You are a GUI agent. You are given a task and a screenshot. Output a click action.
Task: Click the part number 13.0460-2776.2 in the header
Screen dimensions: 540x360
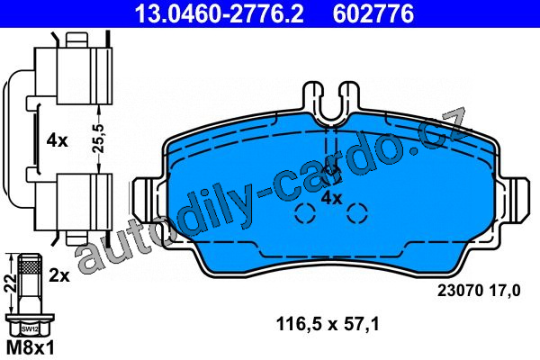pyautogui.click(x=220, y=14)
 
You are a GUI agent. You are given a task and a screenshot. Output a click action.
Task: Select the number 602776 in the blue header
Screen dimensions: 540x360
pyautogui.click(x=373, y=14)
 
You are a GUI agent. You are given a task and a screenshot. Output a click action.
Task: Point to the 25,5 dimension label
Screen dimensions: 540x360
pyautogui.click(x=99, y=139)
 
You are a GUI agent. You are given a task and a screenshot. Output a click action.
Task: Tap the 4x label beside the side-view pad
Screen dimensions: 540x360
pyautogui.click(x=58, y=140)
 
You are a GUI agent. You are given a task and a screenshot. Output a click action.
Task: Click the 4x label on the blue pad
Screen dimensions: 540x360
pyautogui.click(x=331, y=198)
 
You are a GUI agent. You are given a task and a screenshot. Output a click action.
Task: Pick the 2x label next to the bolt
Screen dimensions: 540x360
pyautogui.click(x=59, y=275)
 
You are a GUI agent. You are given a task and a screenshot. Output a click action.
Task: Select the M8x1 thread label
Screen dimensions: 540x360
pyautogui.click(x=31, y=348)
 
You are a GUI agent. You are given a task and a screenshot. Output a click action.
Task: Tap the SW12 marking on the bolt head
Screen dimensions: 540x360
pyautogui.click(x=30, y=329)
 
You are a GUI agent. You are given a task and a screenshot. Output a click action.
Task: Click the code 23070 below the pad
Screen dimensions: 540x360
pyautogui.click(x=459, y=291)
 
